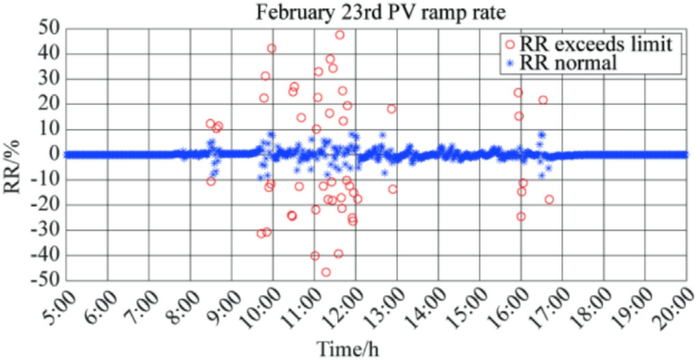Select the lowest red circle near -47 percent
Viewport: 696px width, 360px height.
326,272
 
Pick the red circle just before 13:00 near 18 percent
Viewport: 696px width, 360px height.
391,109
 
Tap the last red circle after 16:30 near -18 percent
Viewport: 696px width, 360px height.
549,199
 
